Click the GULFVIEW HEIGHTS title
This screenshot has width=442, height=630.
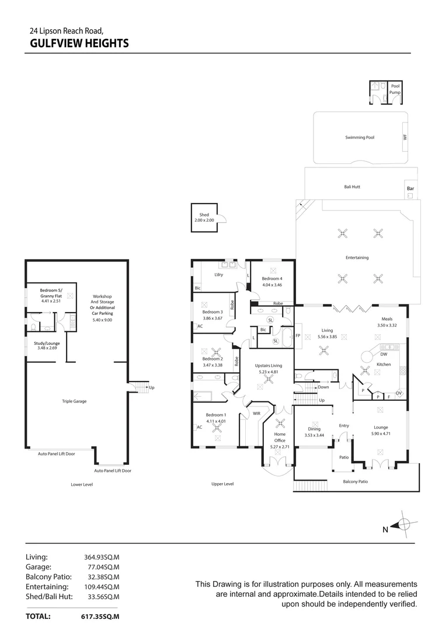pos(79,43)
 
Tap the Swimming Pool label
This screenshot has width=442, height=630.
pos(359,138)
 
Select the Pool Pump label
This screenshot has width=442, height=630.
pos(395,89)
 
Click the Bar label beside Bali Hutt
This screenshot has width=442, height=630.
pos(410,189)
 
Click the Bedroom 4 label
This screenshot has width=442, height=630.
pos(272,278)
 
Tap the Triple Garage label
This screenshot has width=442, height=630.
pos(74,401)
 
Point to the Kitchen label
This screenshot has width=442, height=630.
pos(383,364)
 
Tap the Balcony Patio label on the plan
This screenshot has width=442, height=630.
pos(355,481)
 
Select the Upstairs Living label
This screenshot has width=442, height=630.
pos(268,366)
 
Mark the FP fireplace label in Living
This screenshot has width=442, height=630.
pos(298,336)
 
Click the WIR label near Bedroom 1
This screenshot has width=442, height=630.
pos(256,413)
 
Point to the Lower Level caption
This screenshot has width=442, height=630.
pos(82,484)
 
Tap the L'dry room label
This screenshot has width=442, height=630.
pos(219,275)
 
